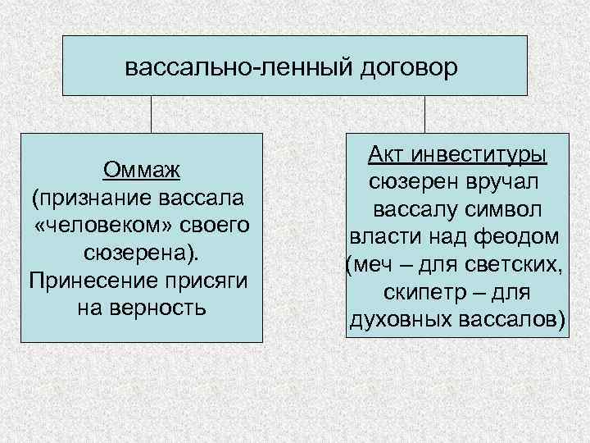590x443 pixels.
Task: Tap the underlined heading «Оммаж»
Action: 142,171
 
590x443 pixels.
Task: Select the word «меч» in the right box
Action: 374,264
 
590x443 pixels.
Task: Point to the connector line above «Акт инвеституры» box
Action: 425,114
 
